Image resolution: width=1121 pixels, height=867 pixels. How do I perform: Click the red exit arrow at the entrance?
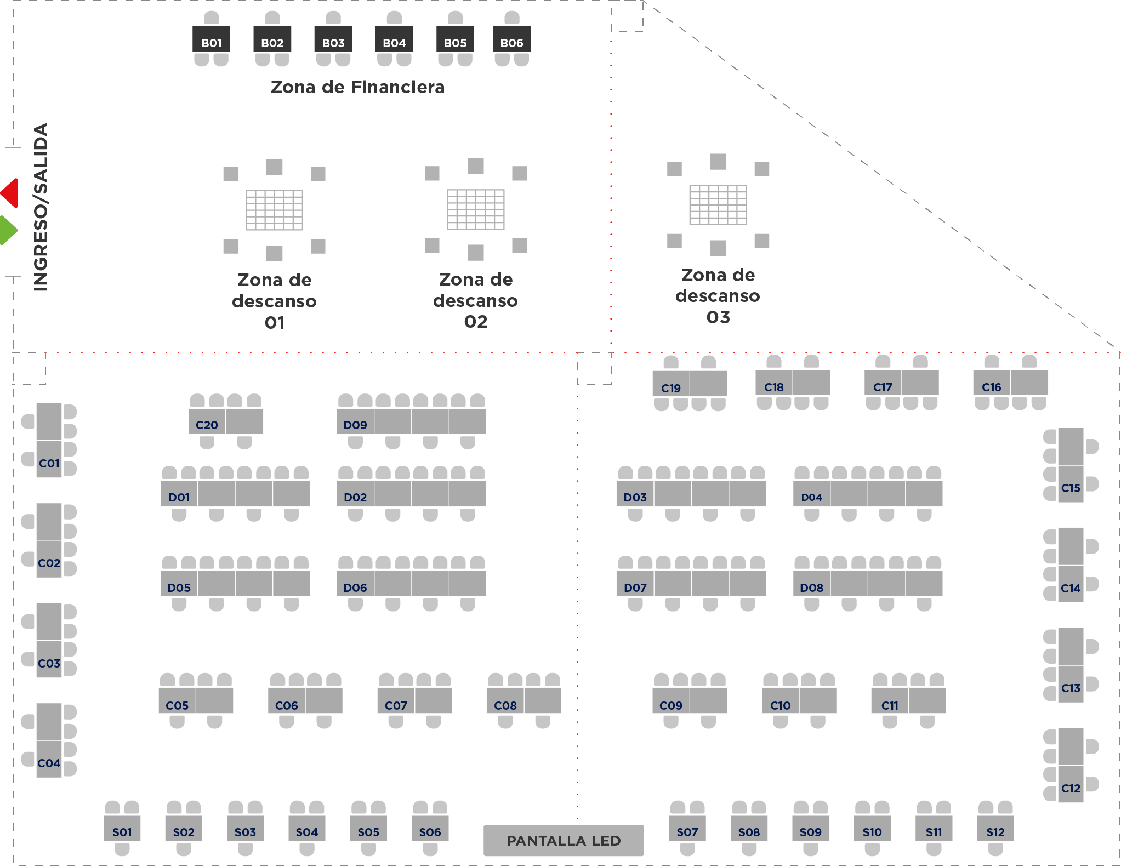pyautogui.click(x=10, y=193)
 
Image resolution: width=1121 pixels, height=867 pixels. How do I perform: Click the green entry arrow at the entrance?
pyautogui.click(x=8, y=230)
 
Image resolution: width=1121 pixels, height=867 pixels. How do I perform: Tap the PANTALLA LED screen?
pyautogui.click(x=564, y=840)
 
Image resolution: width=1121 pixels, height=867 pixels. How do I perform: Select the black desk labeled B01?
pyautogui.click(x=212, y=39)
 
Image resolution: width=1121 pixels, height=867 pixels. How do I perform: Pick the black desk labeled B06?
pyautogui.click(x=512, y=39)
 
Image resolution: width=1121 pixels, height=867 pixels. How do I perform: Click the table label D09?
pyautogui.click(x=355, y=425)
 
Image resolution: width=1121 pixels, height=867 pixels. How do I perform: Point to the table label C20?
pyautogui.click(x=207, y=425)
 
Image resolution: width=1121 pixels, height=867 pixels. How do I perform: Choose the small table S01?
pyautogui.click(x=122, y=828)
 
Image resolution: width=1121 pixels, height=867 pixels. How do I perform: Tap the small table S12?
pyautogui.click(x=995, y=828)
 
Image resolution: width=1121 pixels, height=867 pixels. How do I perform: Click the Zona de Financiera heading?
pyautogui.click(x=358, y=87)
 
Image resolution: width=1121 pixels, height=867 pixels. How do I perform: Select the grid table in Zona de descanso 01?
pyautogui.click(x=274, y=210)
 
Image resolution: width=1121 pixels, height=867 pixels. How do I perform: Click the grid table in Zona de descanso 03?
pyautogui.click(x=718, y=205)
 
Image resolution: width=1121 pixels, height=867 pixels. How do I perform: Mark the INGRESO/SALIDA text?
pyautogui.click(x=41, y=207)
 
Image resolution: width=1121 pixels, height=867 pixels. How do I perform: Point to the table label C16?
pyautogui.click(x=992, y=387)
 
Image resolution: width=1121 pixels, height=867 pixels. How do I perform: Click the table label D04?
pyautogui.click(x=812, y=498)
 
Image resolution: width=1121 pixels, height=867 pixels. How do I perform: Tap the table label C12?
pyautogui.click(x=1071, y=789)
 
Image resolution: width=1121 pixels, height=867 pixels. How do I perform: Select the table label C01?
pyautogui.click(x=49, y=464)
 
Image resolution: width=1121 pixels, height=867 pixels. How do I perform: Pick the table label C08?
pyautogui.click(x=505, y=706)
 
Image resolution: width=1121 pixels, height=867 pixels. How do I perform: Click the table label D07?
pyautogui.click(x=635, y=588)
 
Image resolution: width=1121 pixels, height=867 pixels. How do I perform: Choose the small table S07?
pyautogui.click(x=687, y=828)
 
